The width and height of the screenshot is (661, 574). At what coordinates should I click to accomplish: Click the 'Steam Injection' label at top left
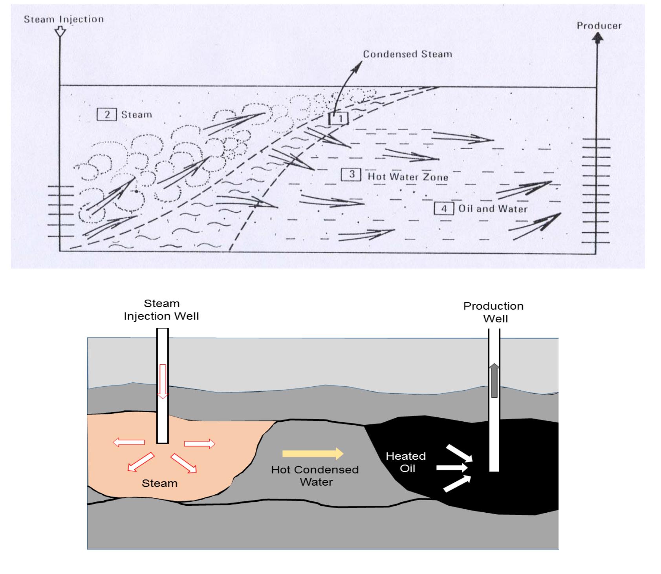pos(64,19)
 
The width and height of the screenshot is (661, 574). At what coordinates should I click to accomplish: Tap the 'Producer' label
pos(599,26)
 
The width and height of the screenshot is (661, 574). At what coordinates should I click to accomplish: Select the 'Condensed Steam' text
pos(407,54)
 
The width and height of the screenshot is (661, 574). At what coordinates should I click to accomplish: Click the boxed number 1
pos(339,117)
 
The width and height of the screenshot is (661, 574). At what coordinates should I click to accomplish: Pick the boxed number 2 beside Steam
pos(106,115)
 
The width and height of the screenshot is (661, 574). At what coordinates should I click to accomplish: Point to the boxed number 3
pos(351,174)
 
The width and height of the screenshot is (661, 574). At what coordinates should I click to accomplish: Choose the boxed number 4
pos(444,208)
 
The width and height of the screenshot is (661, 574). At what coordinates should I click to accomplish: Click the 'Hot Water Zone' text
pos(408,177)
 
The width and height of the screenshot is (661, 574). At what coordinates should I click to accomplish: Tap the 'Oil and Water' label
pos(493,208)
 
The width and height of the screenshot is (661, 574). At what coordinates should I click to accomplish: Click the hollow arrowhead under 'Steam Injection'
pos(60,32)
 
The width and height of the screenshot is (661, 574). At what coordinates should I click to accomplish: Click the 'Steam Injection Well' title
pos(161,310)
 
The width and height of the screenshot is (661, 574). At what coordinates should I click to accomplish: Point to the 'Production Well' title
pos(493,312)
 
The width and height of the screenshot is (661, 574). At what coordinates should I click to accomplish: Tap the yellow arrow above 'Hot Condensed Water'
pos(313,453)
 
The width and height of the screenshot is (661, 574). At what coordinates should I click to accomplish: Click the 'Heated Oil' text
pos(406,462)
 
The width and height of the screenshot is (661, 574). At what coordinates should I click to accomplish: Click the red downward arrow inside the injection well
pos(163,381)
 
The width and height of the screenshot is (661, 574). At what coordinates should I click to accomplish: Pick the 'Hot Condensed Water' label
pos(315,475)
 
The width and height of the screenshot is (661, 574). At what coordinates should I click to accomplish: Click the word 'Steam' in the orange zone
pos(159,483)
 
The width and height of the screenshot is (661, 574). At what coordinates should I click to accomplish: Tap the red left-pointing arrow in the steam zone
pos(128,442)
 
